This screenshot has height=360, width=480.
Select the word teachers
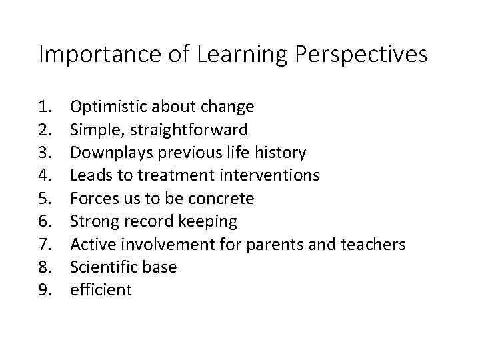click(374, 245)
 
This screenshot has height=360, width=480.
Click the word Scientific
click(102, 267)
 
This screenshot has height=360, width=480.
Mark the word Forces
click(91, 199)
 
